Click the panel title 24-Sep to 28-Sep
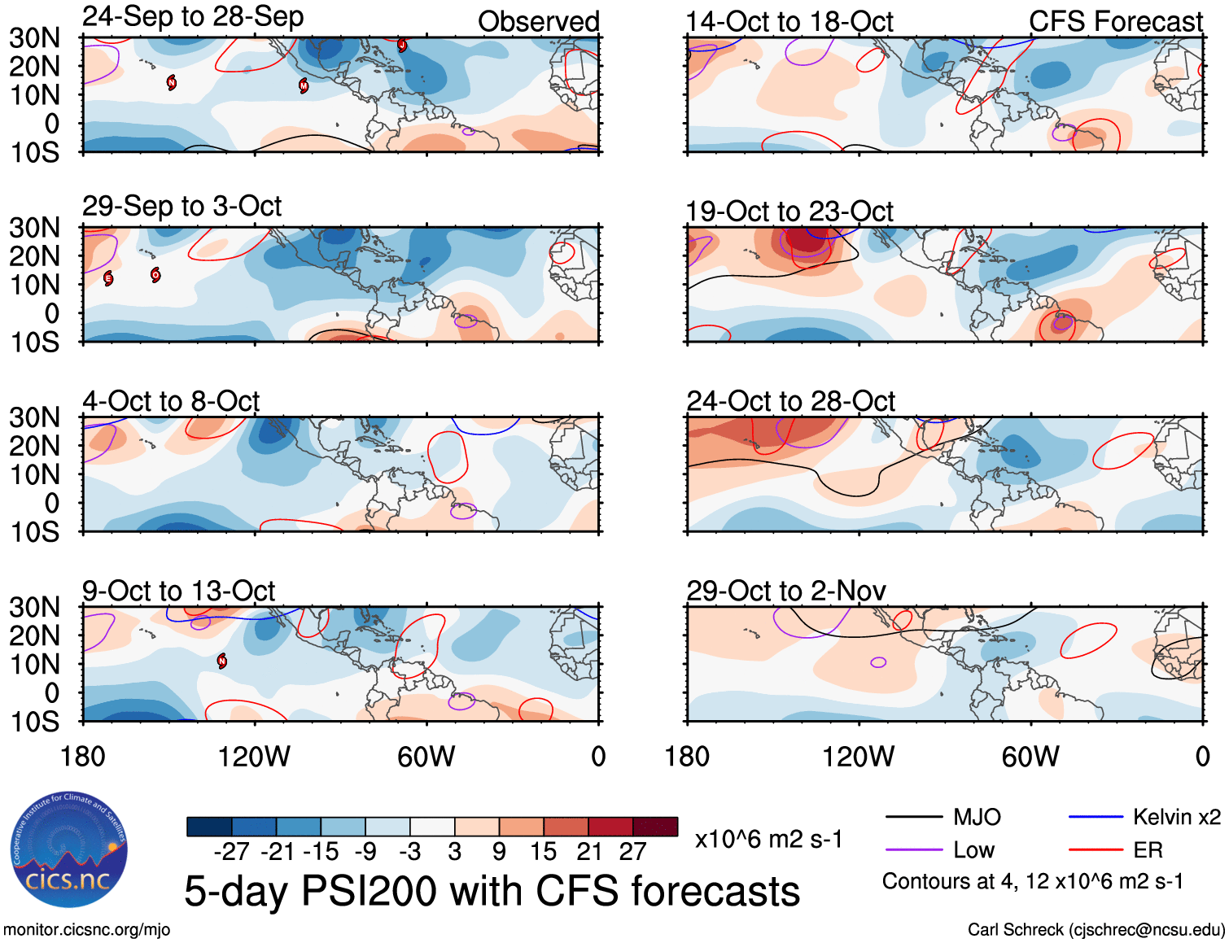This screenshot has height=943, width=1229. (193, 17)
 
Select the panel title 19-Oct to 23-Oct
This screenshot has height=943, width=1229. (789, 212)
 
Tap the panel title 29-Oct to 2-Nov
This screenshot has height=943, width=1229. (785, 591)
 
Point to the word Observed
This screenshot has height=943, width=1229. (538, 22)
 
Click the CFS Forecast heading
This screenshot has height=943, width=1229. (1115, 22)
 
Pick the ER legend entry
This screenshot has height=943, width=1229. (1148, 850)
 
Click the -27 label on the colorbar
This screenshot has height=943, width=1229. (231, 852)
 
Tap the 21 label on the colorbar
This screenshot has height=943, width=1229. (588, 852)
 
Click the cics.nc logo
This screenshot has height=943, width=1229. (68, 850)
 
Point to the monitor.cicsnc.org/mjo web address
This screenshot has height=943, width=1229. (87, 929)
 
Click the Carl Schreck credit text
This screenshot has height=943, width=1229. (1096, 929)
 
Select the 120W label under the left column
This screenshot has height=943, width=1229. (254, 757)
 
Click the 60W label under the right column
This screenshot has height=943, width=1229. (1030, 757)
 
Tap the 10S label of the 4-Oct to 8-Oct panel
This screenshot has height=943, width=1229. (35, 532)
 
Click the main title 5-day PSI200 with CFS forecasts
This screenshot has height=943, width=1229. (492, 891)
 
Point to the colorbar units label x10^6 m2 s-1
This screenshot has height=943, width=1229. (768, 839)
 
